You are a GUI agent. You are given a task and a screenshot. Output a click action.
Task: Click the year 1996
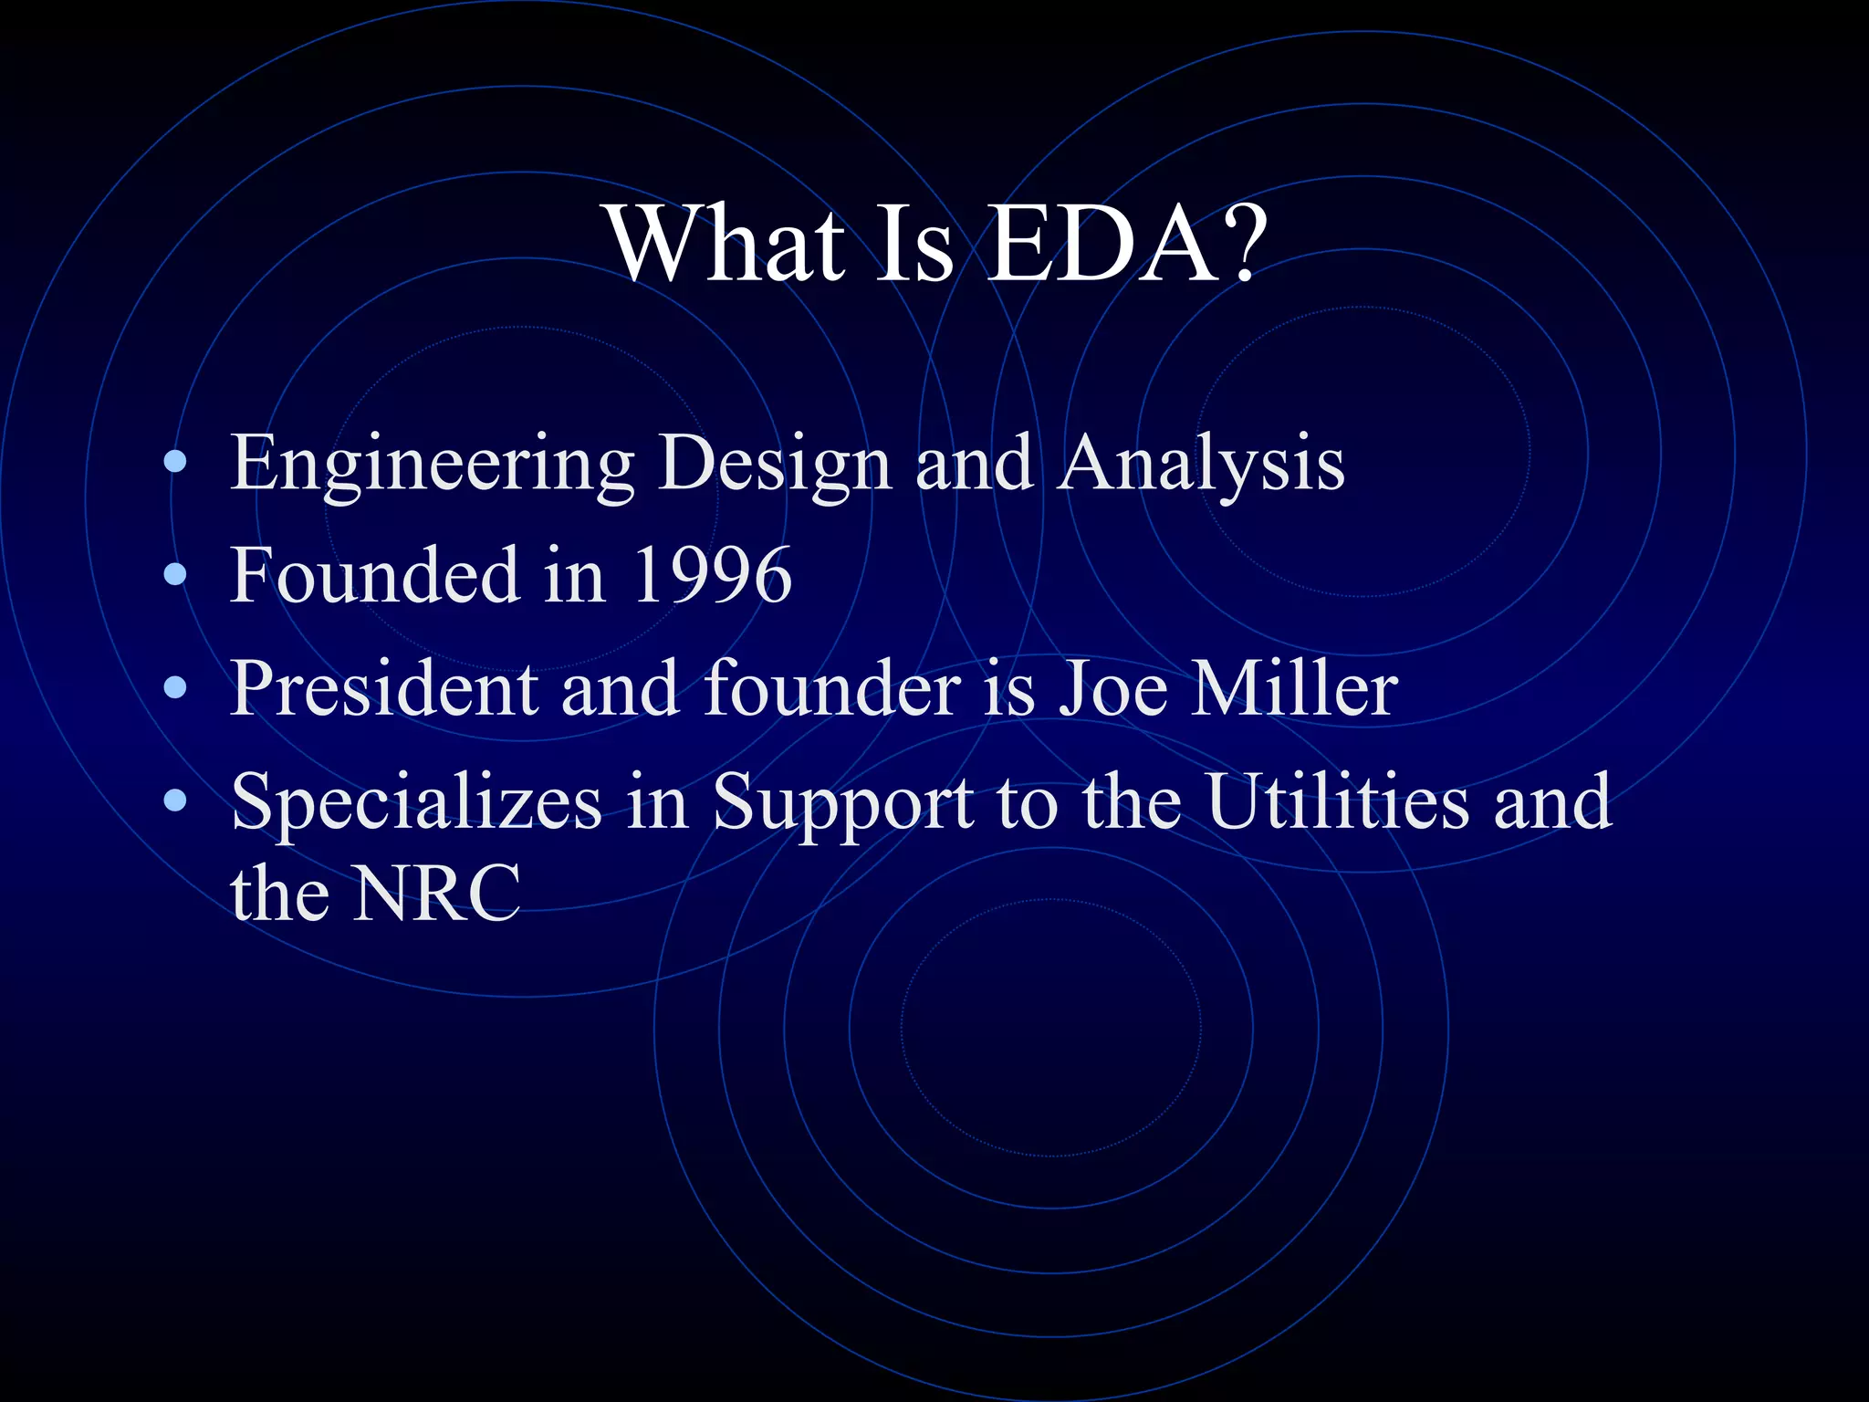(711, 576)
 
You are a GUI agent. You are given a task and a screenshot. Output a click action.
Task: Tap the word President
(383, 688)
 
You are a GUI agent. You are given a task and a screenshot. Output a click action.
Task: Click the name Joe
(1112, 688)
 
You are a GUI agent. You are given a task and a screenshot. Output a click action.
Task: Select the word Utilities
(1338, 801)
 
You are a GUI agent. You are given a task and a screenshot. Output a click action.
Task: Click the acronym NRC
(437, 894)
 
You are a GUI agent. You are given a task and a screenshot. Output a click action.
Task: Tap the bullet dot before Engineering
(175, 463)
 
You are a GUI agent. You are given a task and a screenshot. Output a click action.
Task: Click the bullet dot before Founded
(175, 575)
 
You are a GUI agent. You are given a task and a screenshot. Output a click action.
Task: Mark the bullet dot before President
(175, 688)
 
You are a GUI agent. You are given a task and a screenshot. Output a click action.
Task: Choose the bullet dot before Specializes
(175, 800)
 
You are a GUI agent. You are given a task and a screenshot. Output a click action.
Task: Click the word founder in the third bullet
(831, 688)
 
